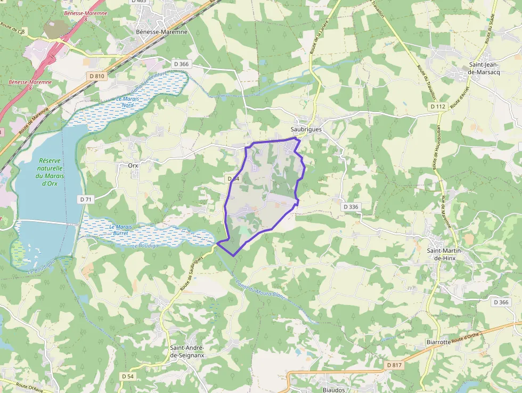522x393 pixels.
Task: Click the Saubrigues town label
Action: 306,130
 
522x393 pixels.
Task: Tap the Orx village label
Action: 133,165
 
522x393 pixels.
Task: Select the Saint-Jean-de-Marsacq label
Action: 484,69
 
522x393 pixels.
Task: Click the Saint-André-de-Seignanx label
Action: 187,352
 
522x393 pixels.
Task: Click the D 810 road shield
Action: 97,76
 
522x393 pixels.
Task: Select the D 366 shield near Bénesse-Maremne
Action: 181,65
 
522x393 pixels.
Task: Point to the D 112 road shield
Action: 437,107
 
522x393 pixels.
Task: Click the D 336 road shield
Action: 351,206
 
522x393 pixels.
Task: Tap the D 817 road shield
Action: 393,365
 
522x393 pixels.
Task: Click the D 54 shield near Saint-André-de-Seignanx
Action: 128,376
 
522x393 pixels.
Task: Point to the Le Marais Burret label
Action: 120,230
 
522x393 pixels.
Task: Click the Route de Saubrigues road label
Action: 192,274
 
